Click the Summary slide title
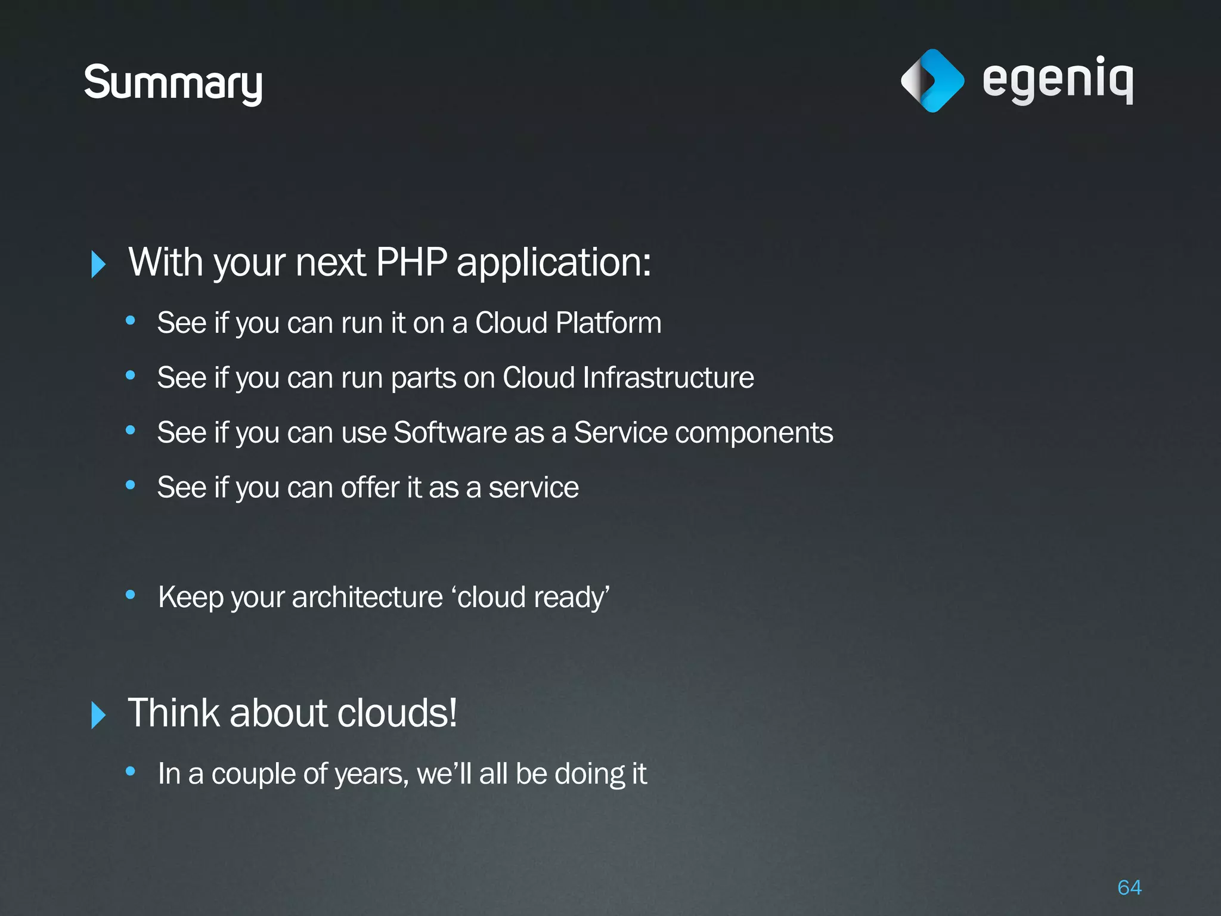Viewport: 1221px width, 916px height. [x=173, y=83]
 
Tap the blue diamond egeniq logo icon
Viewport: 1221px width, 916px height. [x=932, y=81]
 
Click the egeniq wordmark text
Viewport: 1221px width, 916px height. [x=1058, y=81]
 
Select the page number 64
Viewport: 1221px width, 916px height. [x=1129, y=887]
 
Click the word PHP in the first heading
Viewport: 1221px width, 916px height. [x=411, y=262]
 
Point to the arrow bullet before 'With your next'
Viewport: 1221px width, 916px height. [x=98, y=264]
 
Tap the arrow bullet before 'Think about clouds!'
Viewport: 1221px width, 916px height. [x=98, y=715]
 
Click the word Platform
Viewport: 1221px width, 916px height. [x=608, y=323]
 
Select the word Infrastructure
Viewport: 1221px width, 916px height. [x=668, y=378]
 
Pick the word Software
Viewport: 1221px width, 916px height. [x=450, y=433]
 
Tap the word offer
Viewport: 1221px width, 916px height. [x=370, y=488]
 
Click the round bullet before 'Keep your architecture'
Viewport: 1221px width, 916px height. [x=131, y=595]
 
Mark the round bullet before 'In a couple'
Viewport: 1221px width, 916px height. [x=131, y=771]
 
